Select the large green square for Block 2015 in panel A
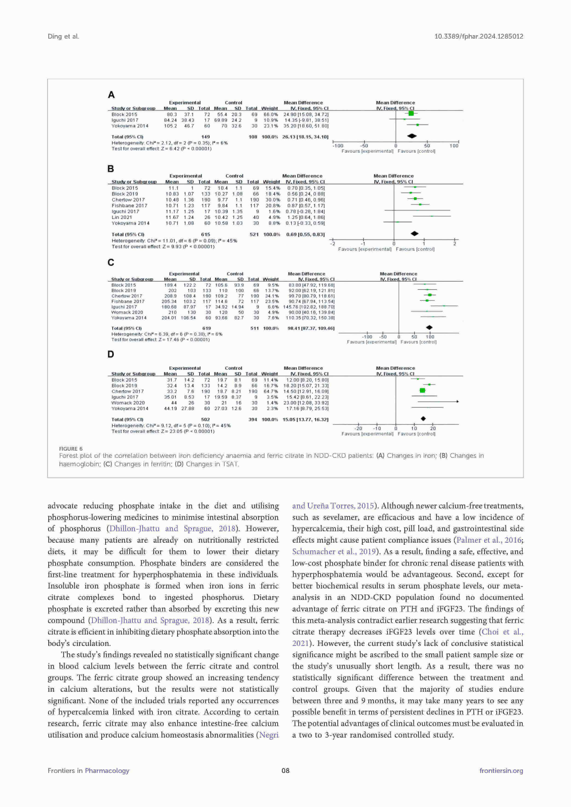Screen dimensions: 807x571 click(411, 113)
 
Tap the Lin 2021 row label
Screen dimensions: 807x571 click(122, 217)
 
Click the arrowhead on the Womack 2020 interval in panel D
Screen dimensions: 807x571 click(458, 401)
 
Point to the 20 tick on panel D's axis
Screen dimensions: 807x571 click(433, 428)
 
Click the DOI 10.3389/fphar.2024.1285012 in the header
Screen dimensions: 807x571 click(478, 36)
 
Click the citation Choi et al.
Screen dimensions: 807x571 click(502, 632)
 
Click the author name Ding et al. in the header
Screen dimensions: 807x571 click(63, 36)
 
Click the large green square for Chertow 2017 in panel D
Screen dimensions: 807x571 click(422, 390)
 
